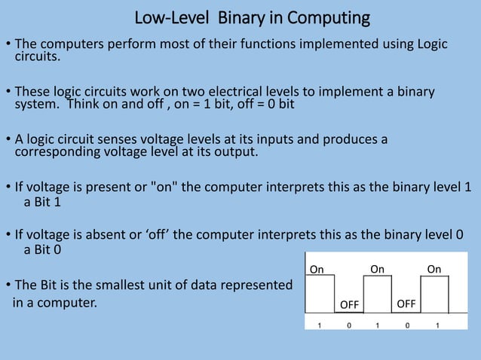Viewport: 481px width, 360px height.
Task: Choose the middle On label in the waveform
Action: (x=377, y=269)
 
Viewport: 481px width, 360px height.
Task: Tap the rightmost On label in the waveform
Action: (x=434, y=269)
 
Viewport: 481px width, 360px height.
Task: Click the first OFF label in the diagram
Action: (x=349, y=305)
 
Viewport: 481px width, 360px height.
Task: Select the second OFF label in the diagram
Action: (x=406, y=304)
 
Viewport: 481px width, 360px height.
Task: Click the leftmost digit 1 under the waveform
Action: (x=319, y=326)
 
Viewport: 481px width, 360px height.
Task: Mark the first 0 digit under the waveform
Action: (x=348, y=326)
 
